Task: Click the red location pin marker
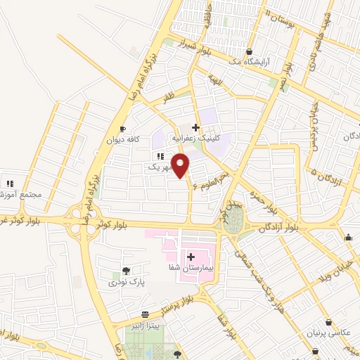coord(182,167)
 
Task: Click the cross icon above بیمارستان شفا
coord(191,256)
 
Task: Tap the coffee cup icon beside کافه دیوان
coord(122,129)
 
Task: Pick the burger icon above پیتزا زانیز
coord(145,314)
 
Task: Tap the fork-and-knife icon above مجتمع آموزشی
coord(10,184)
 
